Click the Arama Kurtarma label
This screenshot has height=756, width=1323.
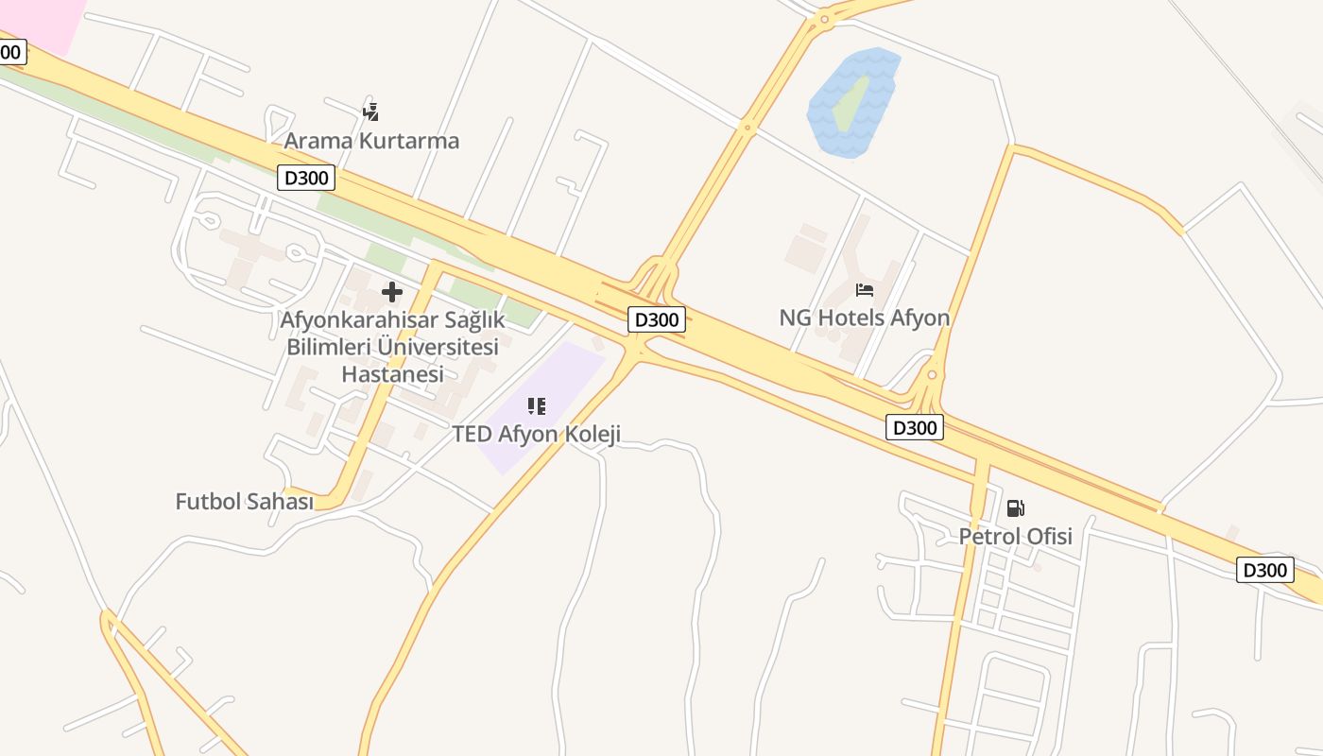371,141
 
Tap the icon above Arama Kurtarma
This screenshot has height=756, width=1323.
370,112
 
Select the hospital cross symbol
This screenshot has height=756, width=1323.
391,292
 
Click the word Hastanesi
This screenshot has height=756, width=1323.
391,373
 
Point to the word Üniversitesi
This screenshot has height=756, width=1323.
438,347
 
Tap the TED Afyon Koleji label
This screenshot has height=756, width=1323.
536,435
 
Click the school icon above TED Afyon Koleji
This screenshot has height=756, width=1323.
536,406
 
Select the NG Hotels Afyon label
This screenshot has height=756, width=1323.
864,318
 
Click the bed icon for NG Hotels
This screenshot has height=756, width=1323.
864,290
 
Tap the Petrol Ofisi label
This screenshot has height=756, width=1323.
1015,537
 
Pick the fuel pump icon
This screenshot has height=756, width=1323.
1015,508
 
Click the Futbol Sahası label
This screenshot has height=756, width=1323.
244,502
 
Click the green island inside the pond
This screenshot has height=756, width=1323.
850,103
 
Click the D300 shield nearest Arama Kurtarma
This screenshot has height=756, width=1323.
306,177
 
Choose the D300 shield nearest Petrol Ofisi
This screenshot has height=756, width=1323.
915,428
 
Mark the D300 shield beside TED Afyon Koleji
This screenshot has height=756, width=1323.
656,319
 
